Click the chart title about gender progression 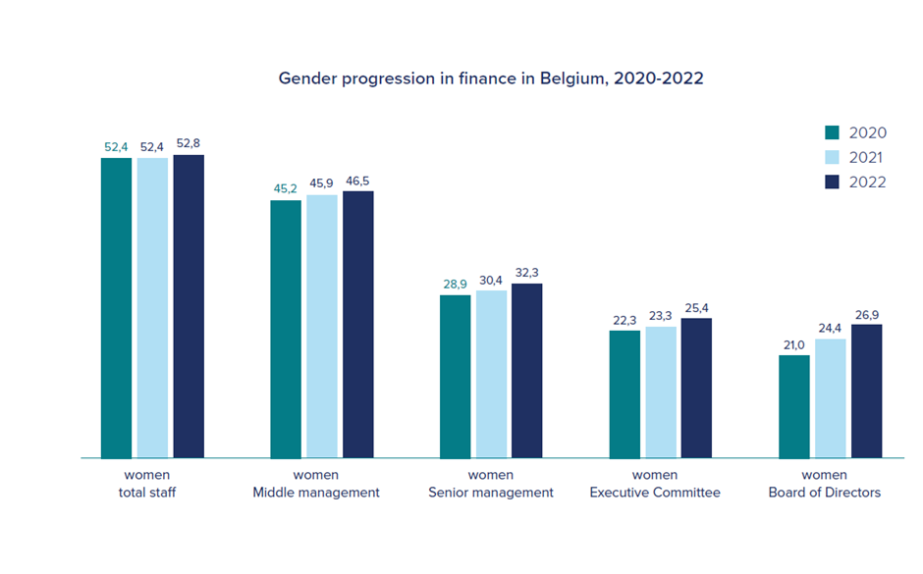point(491,78)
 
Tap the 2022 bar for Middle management point(357,324)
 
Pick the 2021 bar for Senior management point(491,374)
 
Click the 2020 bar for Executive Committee point(624,393)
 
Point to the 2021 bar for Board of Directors point(830,398)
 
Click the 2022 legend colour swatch point(833,182)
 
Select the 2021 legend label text point(867,157)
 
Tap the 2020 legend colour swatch point(833,132)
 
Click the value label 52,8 point(189,144)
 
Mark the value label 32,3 point(527,273)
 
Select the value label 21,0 point(793,344)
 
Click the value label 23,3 point(661,316)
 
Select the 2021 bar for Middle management point(322,326)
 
